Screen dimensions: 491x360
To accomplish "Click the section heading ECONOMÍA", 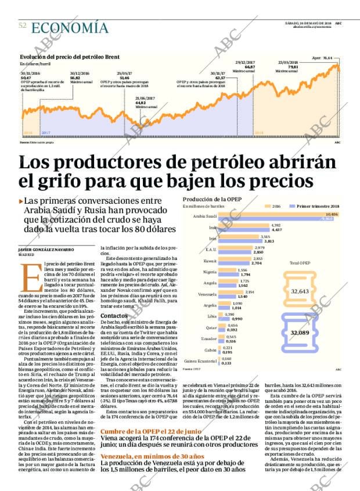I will [70, 28].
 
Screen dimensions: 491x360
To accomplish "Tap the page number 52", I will [23, 26].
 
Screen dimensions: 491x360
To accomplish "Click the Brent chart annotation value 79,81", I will [293, 67].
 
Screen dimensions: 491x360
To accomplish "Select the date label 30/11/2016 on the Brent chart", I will [30, 74].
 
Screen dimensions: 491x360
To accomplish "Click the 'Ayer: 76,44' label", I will [323, 59].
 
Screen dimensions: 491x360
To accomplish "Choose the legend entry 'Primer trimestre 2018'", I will [318, 206].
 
